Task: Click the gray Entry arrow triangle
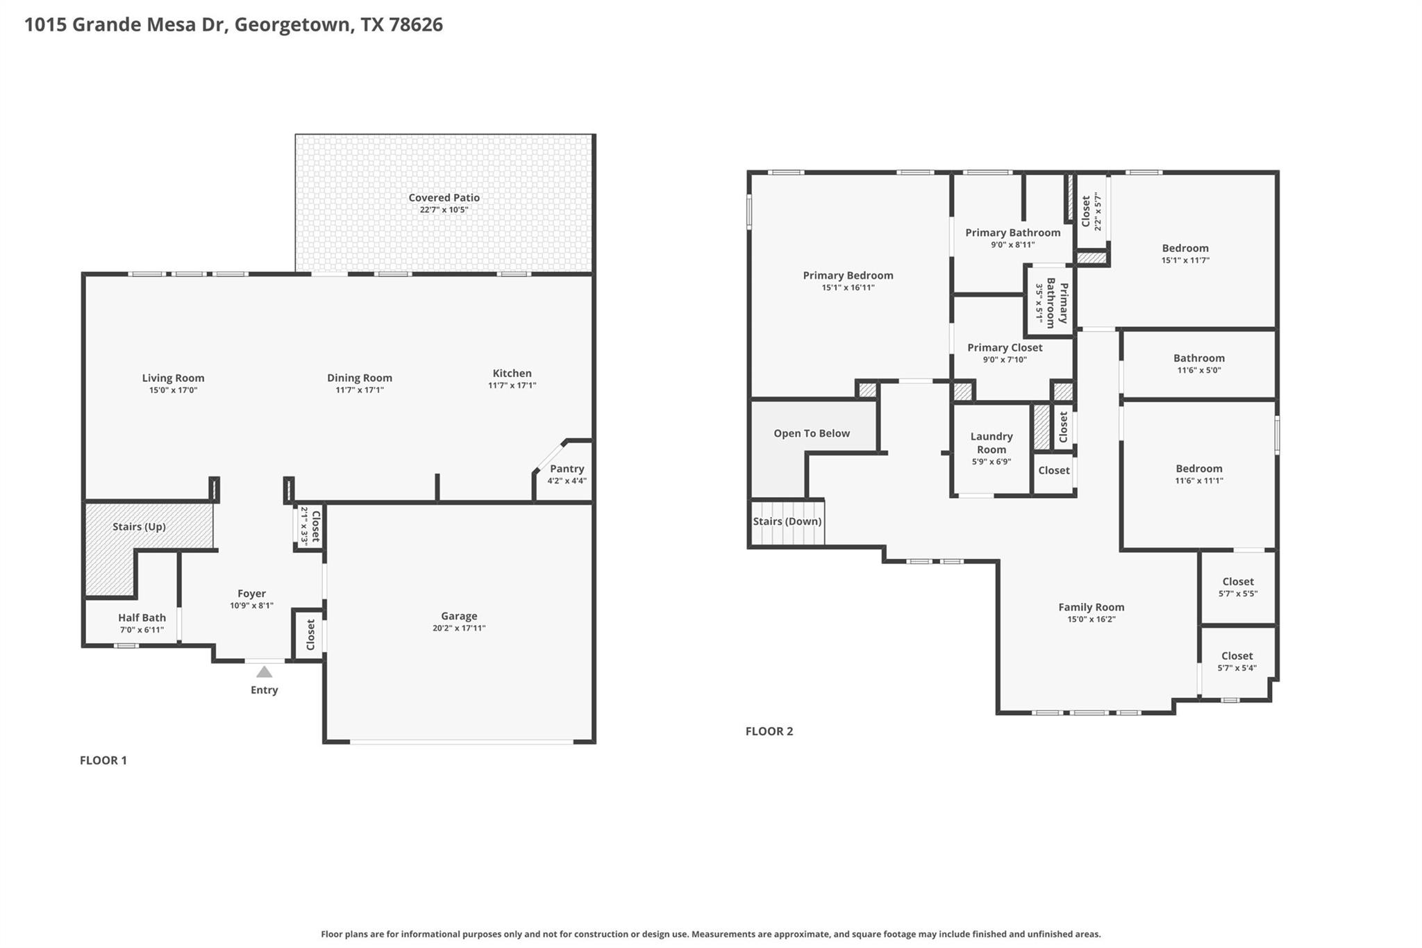point(264,672)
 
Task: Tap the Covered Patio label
point(444,198)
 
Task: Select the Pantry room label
point(567,469)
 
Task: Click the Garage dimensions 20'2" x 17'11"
point(458,628)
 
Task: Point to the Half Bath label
point(142,617)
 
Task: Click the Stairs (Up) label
point(139,526)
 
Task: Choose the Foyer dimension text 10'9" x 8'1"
point(251,606)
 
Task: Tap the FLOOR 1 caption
point(103,760)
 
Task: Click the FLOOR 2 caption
point(769,731)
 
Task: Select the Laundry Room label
point(991,442)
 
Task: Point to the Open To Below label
point(811,433)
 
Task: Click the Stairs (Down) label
point(787,522)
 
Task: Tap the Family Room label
point(1091,607)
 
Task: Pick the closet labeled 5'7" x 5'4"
point(1237,661)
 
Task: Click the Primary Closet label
point(1004,347)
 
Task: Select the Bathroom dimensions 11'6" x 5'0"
point(1198,370)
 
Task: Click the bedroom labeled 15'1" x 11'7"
point(1185,253)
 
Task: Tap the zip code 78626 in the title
point(416,24)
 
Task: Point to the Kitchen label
point(512,373)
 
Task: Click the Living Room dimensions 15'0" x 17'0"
point(173,390)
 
